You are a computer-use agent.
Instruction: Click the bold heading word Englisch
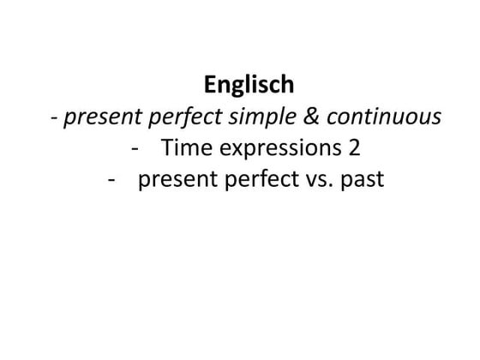click(x=249, y=85)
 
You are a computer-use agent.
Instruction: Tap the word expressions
click(x=274, y=149)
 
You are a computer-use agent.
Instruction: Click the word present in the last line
click(x=176, y=181)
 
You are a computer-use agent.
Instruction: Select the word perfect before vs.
click(x=256, y=181)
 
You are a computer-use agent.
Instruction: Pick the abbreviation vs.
click(x=315, y=181)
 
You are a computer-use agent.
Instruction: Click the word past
click(x=360, y=181)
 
